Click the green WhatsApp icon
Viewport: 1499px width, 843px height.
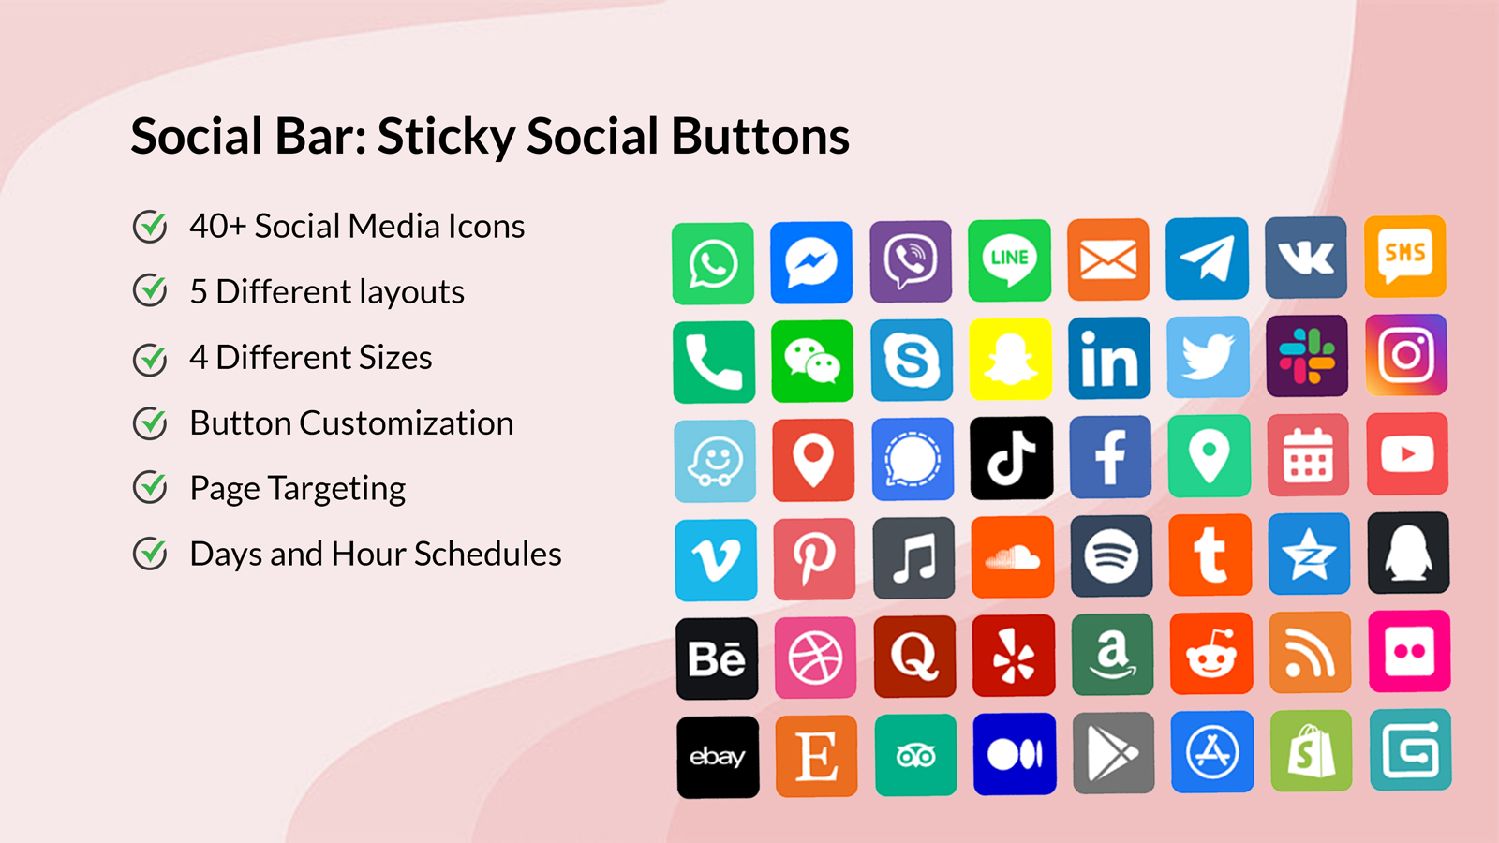pyautogui.click(x=713, y=263)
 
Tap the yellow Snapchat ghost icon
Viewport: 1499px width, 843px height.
pyautogui.click(x=1010, y=360)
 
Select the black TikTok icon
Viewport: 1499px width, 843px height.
pyautogui.click(x=1011, y=458)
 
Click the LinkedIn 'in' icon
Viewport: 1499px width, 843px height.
pyautogui.click(x=1109, y=359)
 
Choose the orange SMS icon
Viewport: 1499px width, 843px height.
pyautogui.click(x=1404, y=257)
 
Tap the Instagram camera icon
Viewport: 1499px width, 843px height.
pyautogui.click(x=1406, y=355)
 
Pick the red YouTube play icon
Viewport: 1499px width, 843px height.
pyautogui.click(x=1407, y=454)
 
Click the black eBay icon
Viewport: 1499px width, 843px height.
pyautogui.click(x=718, y=757)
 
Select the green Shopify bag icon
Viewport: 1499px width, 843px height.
pyautogui.click(x=1311, y=750)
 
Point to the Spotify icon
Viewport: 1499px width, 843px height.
pyautogui.click(x=1111, y=555)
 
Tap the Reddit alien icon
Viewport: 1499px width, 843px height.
pyautogui.click(x=1211, y=654)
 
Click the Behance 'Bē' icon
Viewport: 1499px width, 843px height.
pyautogui.click(x=717, y=658)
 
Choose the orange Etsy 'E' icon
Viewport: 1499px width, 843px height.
pyautogui.click(x=816, y=755)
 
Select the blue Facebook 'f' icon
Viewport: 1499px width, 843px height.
pyautogui.click(x=1110, y=457)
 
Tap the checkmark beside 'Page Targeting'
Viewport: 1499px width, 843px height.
pyautogui.click(x=150, y=488)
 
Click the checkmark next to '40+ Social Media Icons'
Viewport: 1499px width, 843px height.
pyautogui.click(x=150, y=226)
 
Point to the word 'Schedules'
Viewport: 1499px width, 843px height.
pyautogui.click(x=487, y=555)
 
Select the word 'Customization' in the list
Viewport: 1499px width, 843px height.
pyautogui.click(x=406, y=423)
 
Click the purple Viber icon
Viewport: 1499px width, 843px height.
pyautogui.click(x=911, y=261)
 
